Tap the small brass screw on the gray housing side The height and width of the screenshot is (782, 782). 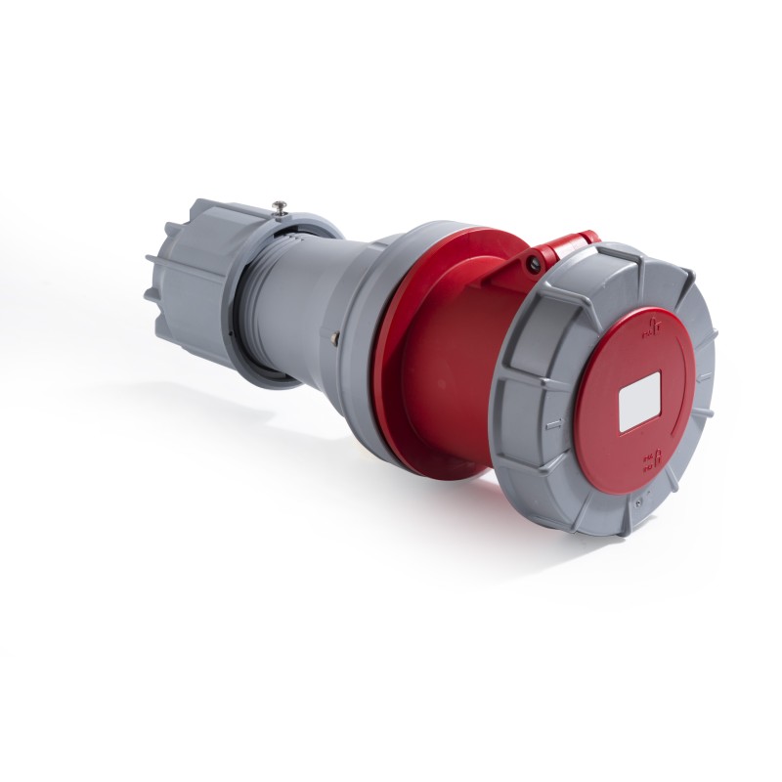point(336,339)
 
